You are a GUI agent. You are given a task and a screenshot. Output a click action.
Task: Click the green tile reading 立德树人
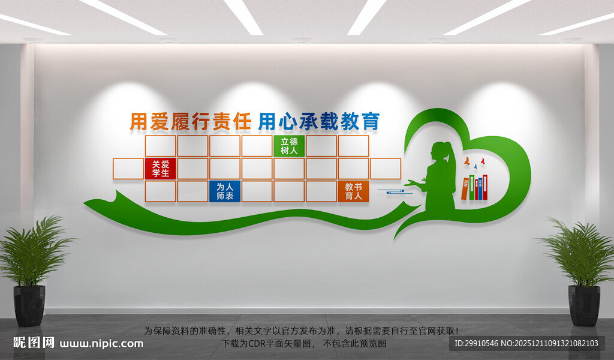289,146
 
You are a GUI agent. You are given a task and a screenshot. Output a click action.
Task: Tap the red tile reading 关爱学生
160,169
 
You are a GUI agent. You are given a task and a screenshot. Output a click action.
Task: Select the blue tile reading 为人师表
225,191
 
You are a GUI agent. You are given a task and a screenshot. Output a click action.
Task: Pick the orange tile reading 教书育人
353,191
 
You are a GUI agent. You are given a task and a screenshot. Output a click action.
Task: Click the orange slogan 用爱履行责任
190,122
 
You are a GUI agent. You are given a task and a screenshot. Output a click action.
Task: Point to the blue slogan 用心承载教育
318,122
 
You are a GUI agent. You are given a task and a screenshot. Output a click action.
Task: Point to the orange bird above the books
466,161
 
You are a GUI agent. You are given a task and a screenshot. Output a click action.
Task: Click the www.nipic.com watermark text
101,344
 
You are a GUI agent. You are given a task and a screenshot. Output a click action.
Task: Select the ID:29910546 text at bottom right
477,344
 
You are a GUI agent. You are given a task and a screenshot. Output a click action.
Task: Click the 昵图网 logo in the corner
34,343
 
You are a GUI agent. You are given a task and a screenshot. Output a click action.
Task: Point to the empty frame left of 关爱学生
128,169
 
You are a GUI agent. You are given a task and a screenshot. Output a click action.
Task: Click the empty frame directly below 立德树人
289,169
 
